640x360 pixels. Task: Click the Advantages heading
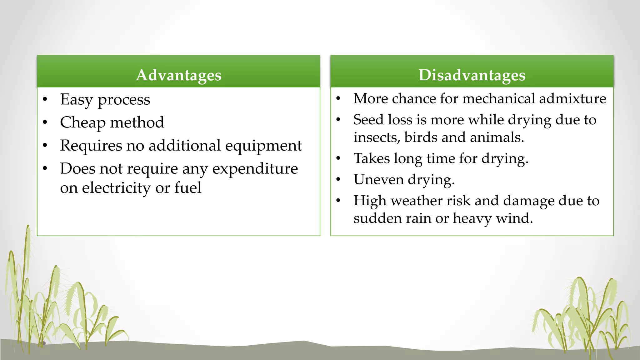pos(178,75)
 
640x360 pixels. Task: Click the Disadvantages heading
pos(472,75)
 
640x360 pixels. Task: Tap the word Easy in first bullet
pos(77,100)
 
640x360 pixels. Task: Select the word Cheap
pos(82,122)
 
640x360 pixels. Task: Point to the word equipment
pos(263,146)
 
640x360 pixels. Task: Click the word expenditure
pos(255,169)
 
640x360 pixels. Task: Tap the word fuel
pos(187,187)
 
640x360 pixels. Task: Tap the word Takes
pos(372,158)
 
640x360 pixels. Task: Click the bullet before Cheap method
pos(45,122)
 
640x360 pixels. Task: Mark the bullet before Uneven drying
pos(338,180)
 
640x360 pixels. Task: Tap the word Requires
pos(91,146)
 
